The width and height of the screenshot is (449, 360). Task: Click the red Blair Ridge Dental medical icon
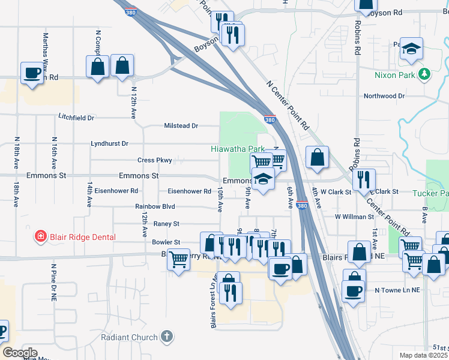(x=40, y=237)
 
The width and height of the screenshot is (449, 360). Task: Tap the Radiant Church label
(x=129, y=337)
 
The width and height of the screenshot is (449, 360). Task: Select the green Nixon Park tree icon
(x=425, y=74)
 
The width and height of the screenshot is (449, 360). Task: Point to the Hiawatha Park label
(x=238, y=148)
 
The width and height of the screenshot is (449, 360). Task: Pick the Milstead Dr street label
(x=181, y=125)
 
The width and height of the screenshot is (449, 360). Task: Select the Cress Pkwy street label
(x=155, y=160)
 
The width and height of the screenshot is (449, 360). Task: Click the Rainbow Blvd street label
(x=155, y=206)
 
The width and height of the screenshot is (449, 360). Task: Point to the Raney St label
(x=166, y=224)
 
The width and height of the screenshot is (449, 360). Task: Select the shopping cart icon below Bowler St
(x=178, y=260)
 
